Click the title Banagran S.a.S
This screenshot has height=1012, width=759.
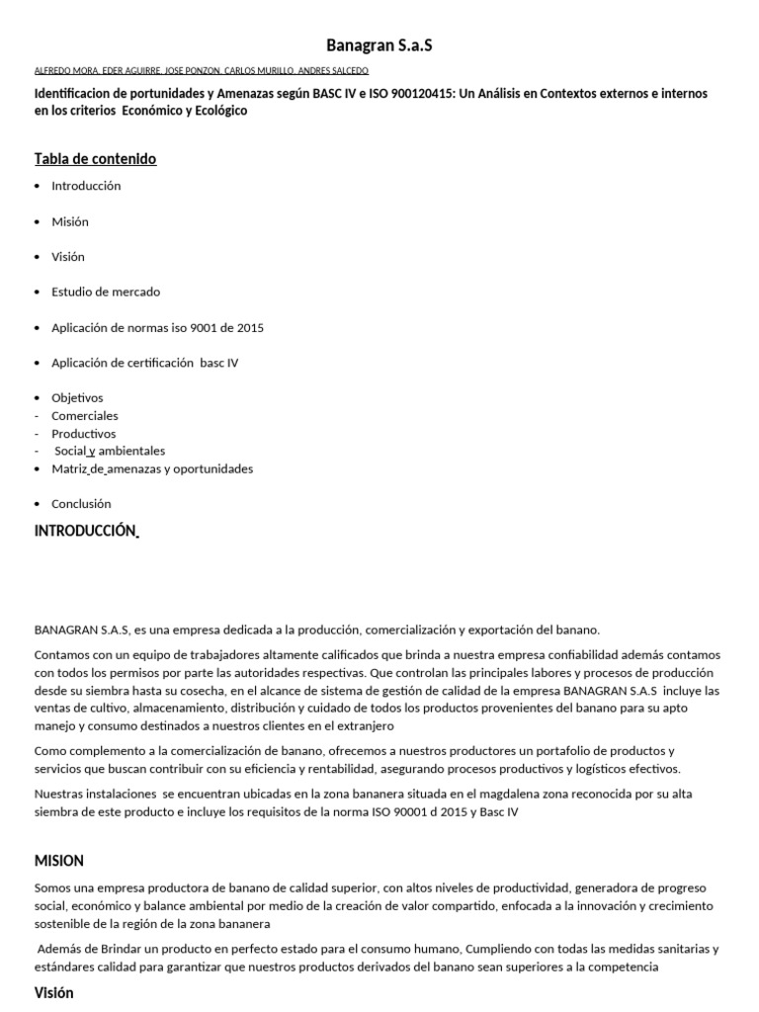[379, 45]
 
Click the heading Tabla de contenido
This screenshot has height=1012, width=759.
[95, 159]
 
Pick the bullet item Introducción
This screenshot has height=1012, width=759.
[86, 186]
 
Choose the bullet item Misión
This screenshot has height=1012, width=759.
[70, 221]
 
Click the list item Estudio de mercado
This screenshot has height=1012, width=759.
[106, 293]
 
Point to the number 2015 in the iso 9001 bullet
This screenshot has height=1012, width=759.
[250, 328]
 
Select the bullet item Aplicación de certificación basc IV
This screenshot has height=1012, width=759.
[145, 364]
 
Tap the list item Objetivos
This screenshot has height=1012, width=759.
[77, 398]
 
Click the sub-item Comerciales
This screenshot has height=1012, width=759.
[85, 416]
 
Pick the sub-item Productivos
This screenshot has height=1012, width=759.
[84, 434]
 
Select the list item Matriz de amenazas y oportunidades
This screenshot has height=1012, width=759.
[152, 468]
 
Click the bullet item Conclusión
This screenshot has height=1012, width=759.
[81, 504]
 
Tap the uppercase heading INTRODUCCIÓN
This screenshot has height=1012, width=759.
[84, 531]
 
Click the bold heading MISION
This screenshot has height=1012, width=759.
[59, 861]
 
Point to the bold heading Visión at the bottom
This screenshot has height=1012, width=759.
[54, 993]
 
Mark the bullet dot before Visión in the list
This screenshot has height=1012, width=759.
[38, 257]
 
